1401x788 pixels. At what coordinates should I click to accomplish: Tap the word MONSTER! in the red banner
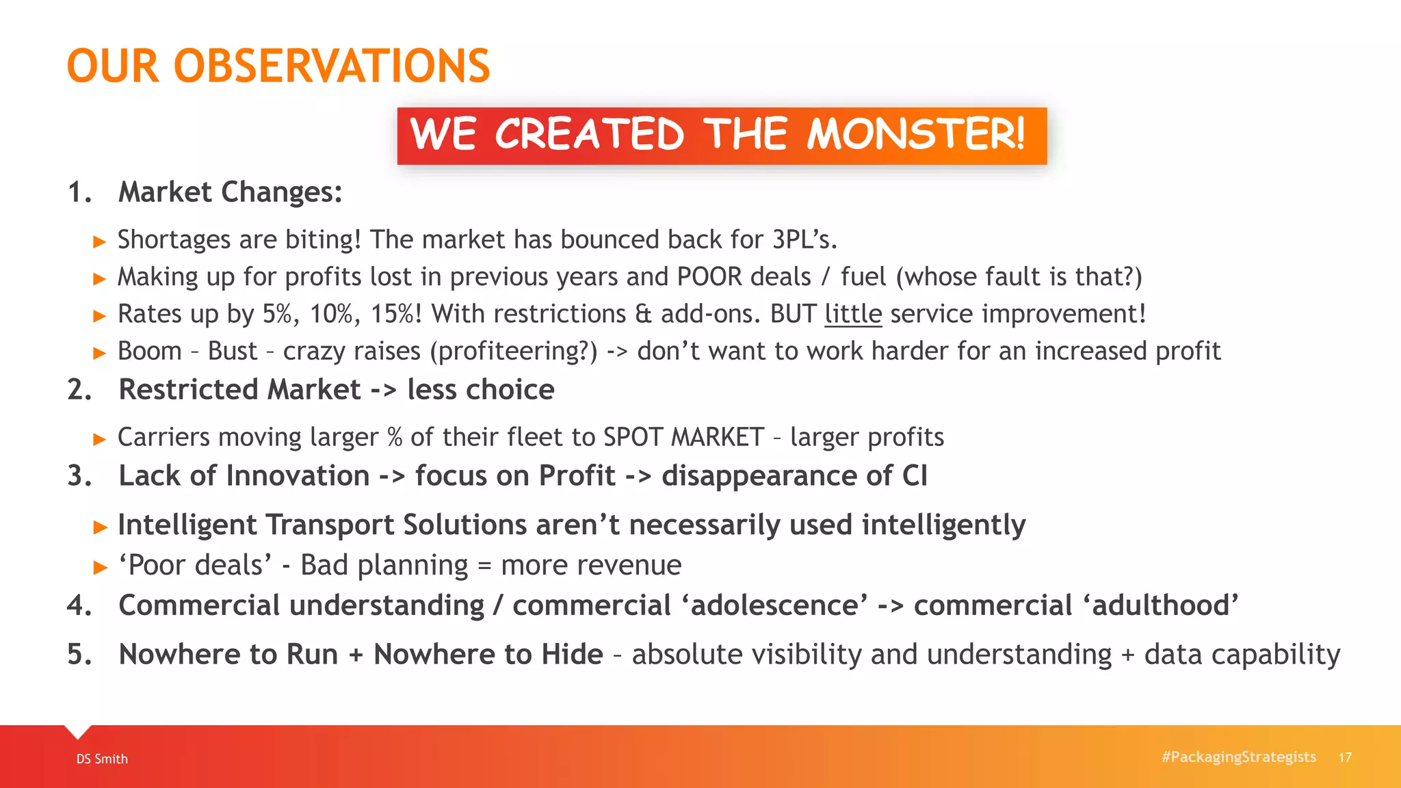pyautogui.click(x=915, y=134)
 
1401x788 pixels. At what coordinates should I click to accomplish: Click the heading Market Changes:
pyautogui.click(x=230, y=192)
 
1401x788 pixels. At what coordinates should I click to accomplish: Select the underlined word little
pyautogui.click(x=853, y=314)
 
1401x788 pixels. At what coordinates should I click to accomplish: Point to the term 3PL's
pyautogui.click(x=804, y=239)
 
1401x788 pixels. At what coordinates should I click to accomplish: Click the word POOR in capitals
pyautogui.click(x=709, y=277)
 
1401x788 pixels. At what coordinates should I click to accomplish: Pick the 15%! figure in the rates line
pyautogui.click(x=396, y=314)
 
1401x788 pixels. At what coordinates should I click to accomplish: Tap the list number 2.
pyautogui.click(x=79, y=390)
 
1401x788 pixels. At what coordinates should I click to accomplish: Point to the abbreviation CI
pyautogui.click(x=915, y=476)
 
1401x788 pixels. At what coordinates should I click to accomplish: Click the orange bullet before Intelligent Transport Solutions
pyautogui.click(x=101, y=527)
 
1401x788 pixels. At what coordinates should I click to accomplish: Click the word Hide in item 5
pyautogui.click(x=572, y=655)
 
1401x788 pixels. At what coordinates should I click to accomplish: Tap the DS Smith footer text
pyautogui.click(x=102, y=759)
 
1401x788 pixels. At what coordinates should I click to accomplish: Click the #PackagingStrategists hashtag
pyautogui.click(x=1238, y=757)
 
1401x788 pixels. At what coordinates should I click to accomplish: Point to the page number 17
pyautogui.click(x=1345, y=757)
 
